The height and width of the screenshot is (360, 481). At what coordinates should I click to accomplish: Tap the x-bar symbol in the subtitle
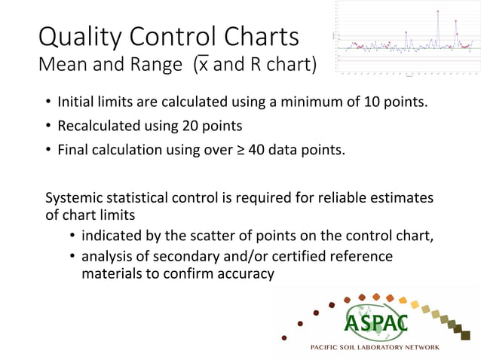click(202, 66)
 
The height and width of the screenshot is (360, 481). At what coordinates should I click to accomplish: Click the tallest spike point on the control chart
click(437, 11)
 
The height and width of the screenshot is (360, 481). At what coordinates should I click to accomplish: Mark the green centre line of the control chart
click(407, 48)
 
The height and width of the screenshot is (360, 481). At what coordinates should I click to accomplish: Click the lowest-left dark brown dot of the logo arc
click(283, 337)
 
